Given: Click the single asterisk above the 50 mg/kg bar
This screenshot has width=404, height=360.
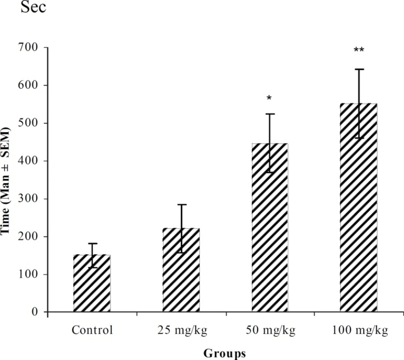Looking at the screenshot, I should (269, 98).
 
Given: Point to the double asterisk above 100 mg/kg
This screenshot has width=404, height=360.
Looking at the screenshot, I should (359, 50).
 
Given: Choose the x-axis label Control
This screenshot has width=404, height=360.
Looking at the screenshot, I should (92, 331).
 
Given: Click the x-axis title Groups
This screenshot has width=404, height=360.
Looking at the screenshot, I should (225, 353).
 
